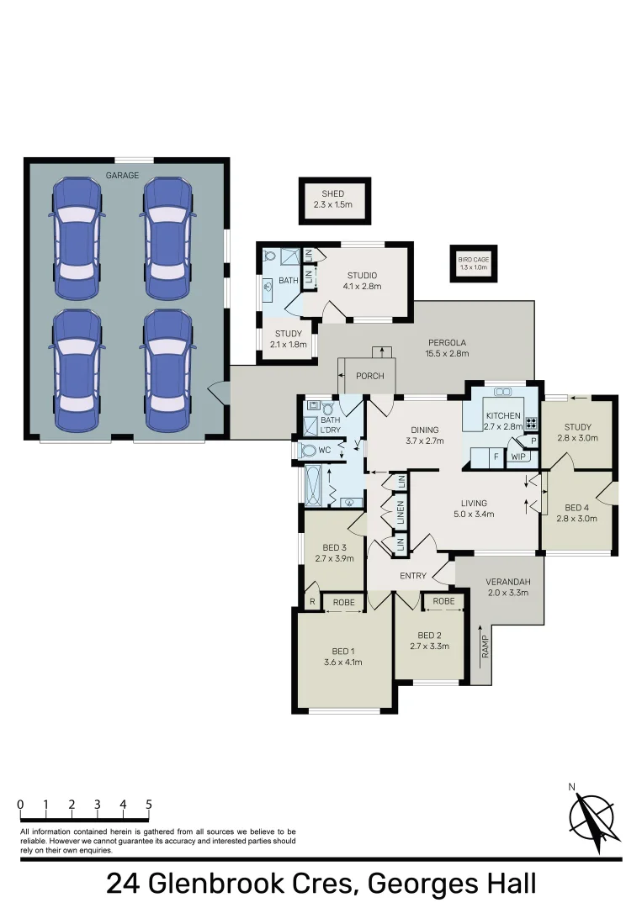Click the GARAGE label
[122, 175]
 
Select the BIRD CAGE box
[474, 263]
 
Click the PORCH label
[370, 376]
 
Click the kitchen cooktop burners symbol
[531, 424]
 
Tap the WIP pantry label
[518, 457]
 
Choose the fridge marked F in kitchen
[496, 457]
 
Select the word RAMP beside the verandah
[485, 647]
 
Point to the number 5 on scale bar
[149, 805]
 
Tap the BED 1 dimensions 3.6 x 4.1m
[342, 662]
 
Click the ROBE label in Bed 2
[443, 602]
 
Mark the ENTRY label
[414, 576]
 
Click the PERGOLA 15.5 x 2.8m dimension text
[448, 353]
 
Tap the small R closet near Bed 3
[311, 602]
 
